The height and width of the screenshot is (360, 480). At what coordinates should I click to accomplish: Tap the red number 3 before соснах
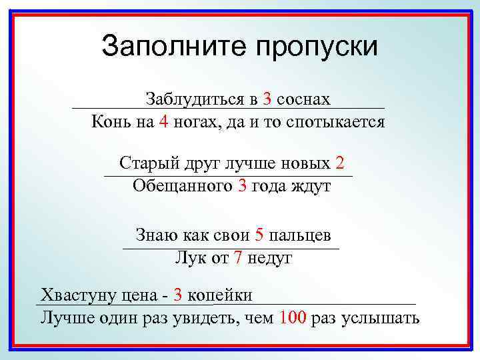(267, 99)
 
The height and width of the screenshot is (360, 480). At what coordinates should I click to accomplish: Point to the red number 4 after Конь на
(164, 122)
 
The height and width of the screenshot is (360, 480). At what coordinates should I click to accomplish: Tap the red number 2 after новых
(340, 163)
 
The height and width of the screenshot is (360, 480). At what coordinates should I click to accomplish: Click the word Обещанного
(181, 185)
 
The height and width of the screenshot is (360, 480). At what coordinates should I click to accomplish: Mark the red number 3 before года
(242, 185)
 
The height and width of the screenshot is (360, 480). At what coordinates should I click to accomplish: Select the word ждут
(310, 185)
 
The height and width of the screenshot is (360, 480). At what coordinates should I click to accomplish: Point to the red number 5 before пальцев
(259, 235)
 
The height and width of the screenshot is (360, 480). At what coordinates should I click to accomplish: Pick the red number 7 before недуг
(238, 258)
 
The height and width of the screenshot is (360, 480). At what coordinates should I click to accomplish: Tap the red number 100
(294, 317)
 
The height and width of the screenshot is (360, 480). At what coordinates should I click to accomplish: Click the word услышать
(380, 318)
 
